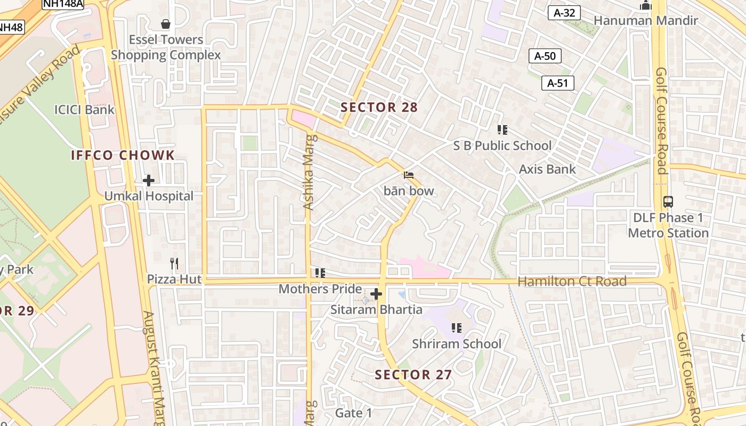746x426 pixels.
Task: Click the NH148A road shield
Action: tap(63, 3)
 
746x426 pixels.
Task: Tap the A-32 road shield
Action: tap(564, 13)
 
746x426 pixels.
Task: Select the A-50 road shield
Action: tap(545, 56)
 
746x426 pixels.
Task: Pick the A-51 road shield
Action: tap(558, 83)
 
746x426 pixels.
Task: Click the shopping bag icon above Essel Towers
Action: tap(166, 24)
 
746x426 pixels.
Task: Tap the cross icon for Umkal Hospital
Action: tap(149, 181)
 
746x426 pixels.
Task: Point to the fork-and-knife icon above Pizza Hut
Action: tap(174, 264)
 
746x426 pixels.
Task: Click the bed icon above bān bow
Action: tap(409, 175)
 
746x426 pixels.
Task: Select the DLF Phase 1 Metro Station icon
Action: tap(668, 202)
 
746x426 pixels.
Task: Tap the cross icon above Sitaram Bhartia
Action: tap(376, 294)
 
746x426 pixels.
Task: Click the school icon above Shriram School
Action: tap(457, 328)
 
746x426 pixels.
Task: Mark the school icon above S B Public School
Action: tap(502, 129)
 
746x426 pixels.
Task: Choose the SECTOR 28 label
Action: tap(379, 108)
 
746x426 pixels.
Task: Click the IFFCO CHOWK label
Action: tap(123, 155)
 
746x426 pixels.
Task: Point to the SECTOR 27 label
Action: tap(413, 375)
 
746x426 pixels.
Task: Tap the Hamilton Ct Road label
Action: tap(572, 282)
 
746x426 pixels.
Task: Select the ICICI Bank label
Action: tap(84, 110)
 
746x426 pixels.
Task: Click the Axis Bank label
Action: tap(547, 169)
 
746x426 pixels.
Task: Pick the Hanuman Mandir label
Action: tap(645, 21)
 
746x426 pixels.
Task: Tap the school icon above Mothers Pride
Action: tap(320, 273)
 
